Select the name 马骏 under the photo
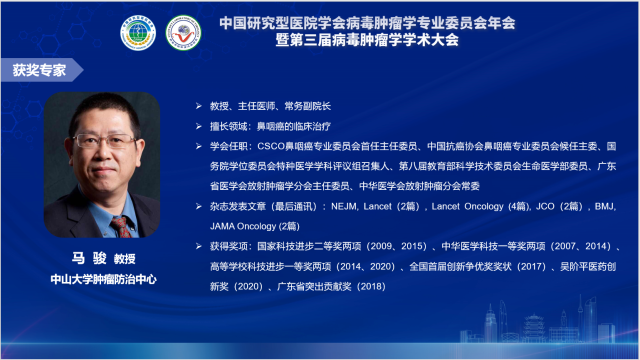point(81,258)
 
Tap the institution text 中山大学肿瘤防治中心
point(100,277)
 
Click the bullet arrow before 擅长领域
point(199,126)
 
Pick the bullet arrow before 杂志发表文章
point(199,209)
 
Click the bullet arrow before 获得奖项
point(199,245)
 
